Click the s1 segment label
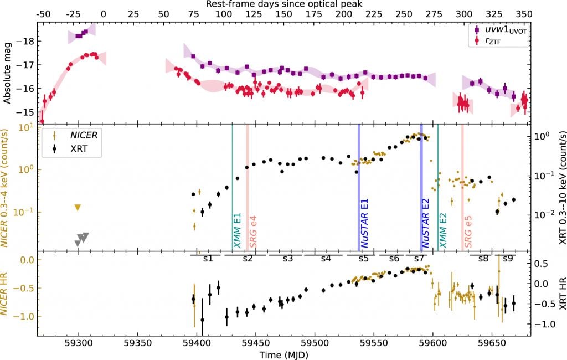coord(208,259)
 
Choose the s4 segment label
coord(326,259)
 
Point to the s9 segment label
coord(507,259)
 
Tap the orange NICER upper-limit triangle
coord(78,208)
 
